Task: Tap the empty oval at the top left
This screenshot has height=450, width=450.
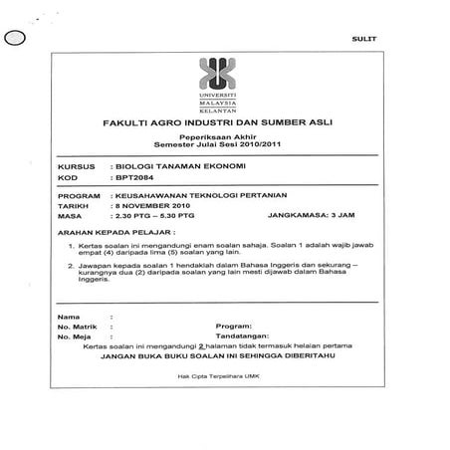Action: point(15,40)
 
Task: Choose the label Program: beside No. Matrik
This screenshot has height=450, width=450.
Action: point(232,326)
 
